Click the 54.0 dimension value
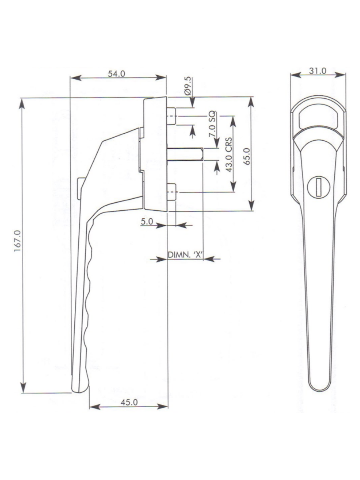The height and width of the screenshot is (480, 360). pos(117,74)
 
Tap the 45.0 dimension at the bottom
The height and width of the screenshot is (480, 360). pos(128,402)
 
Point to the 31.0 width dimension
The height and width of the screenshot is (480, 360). pos(318,71)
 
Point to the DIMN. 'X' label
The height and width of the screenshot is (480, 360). pos(184,255)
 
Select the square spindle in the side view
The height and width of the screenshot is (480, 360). pos(186,154)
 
